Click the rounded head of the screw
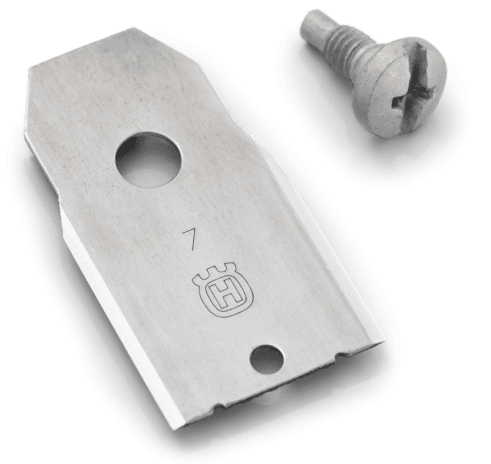[x=400, y=87]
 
